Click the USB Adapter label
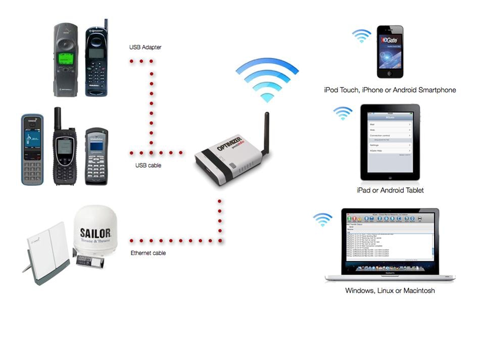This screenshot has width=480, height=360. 145,47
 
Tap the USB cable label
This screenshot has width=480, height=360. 148,165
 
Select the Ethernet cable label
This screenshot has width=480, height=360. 148,253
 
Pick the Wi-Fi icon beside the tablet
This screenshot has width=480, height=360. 343,113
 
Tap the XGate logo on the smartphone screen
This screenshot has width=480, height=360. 390,40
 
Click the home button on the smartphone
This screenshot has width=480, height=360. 390,73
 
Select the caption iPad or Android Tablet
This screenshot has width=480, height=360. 390,190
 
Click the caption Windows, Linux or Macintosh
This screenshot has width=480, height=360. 390,291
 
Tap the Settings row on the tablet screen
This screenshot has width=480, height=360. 389,145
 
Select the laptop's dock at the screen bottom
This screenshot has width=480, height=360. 390,268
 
